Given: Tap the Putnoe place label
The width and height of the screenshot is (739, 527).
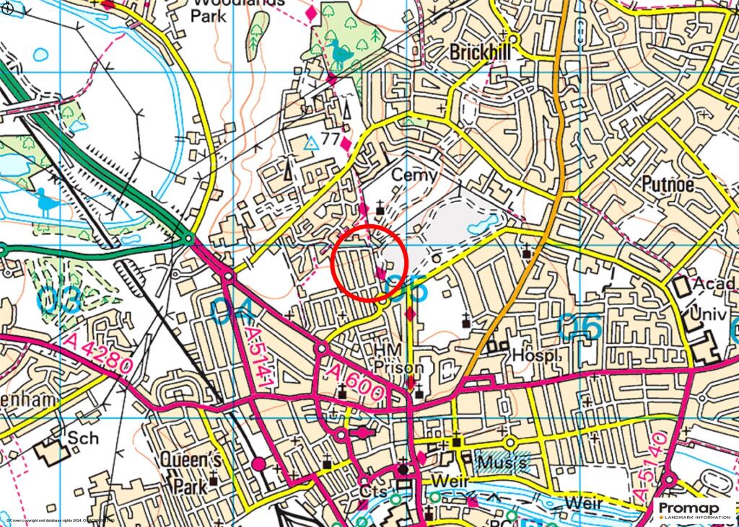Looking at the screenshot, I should [668, 185].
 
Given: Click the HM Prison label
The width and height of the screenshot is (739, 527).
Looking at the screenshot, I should [398, 358].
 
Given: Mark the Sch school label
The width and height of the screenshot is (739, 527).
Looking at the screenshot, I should [82, 438].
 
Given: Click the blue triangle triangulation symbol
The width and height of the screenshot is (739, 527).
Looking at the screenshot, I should [311, 143].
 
